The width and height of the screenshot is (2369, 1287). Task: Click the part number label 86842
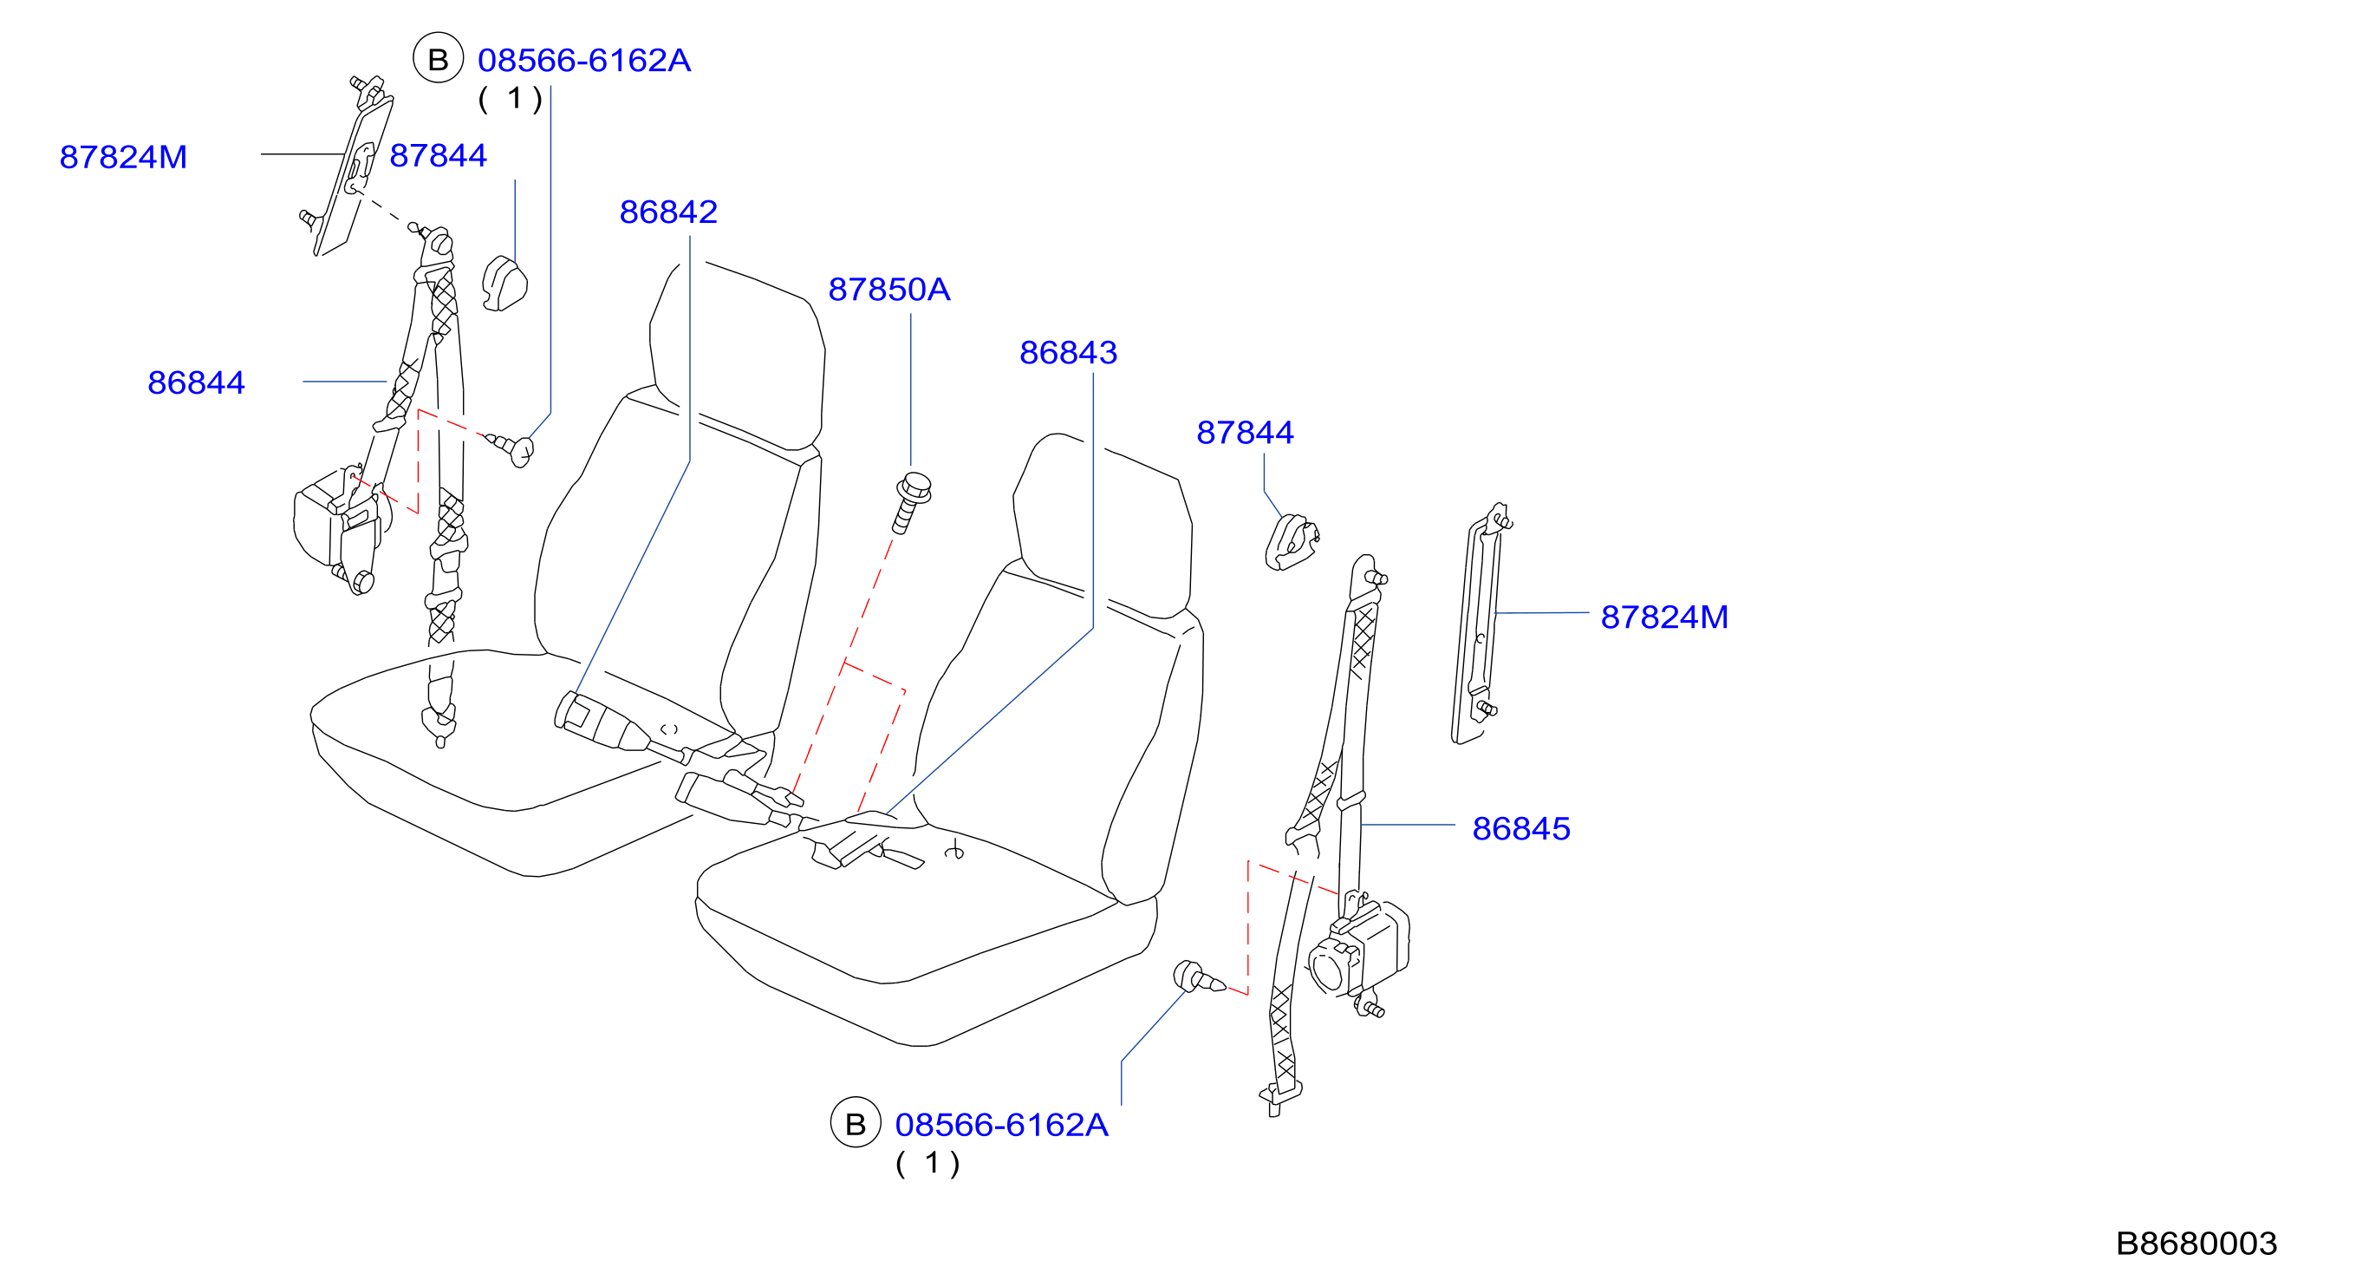pos(667,212)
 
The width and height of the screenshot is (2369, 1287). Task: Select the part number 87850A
pos(888,290)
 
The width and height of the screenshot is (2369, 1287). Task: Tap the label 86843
pos(1068,352)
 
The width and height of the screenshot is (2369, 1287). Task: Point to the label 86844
pos(196,382)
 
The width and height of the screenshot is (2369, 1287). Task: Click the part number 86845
pos(1521,829)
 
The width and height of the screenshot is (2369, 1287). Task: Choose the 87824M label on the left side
pos(123,157)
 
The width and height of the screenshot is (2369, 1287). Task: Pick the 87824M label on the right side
pos(1664,617)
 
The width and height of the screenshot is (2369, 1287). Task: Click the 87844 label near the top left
pos(438,155)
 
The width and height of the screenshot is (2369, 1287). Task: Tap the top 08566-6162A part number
pos(584,61)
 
